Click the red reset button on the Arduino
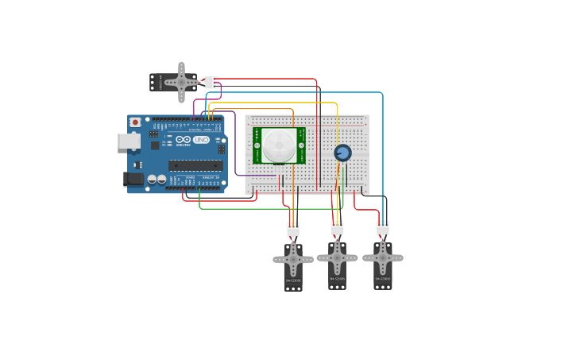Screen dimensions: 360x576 pyautogui.click(x=136, y=122)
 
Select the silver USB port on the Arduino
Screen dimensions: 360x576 pyautogui.click(x=128, y=141)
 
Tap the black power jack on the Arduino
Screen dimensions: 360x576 pyautogui.click(x=133, y=179)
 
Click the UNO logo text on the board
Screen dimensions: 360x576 pyautogui.click(x=200, y=141)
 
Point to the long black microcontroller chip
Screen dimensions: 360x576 pyautogui.click(x=195, y=165)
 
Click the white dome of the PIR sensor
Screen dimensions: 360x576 pyautogui.click(x=278, y=145)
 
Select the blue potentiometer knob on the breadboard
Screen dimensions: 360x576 pyautogui.click(x=342, y=153)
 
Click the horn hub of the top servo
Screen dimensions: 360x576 pyautogui.click(x=182, y=82)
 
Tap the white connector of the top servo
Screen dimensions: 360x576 pyautogui.click(x=211, y=82)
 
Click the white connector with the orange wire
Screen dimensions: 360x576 pyautogui.click(x=293, y=229)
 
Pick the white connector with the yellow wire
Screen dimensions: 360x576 pyautogui.click(x=337, y=228)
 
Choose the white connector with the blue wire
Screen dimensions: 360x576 pyautogui.click(x=383, y=228)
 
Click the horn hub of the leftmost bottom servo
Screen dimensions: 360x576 pyautogui.click(x=293, y=259)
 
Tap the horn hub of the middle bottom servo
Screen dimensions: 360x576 pyautogui.click(x=337, y=257)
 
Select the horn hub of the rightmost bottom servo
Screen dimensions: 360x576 pyautogui.click(x=383, y=257)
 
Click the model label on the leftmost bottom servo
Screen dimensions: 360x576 pyautogui.click(x=293, y=281)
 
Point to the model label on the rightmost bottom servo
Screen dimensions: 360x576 pyautogui.click(x=383, y=279)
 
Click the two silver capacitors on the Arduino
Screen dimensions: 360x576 pyautogui.click(x=157, y=180)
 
